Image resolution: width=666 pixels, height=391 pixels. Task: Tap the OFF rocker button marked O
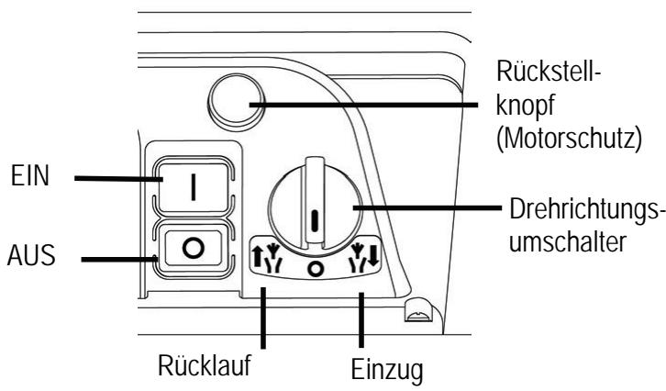coord(194,249)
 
